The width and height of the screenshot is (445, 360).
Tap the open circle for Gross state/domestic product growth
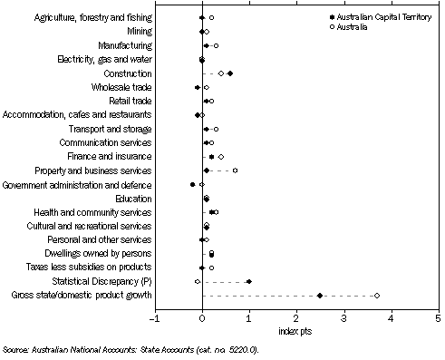[377, 296]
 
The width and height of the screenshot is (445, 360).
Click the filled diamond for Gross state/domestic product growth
[320, 296]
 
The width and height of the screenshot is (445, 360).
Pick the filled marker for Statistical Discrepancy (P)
[249, 282]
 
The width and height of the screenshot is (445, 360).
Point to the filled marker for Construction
[230, 73]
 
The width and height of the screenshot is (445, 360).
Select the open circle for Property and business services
[235, 170]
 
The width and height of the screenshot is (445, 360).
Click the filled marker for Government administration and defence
[192, 184]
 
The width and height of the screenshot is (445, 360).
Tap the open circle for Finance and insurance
[221, 157]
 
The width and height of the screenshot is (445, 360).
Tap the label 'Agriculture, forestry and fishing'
[89, 17]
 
